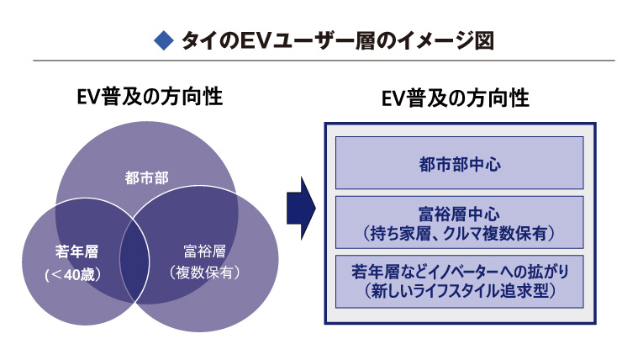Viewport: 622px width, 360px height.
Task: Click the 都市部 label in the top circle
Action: tap(146, 177)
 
